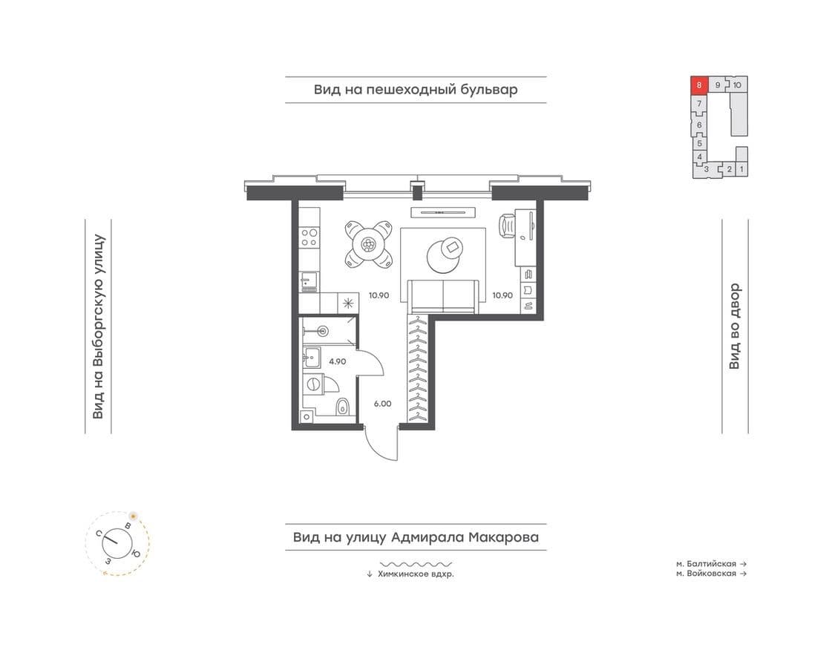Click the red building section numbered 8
[x=699, y=85]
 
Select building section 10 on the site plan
[x=737, y=85]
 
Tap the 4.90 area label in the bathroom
[x=338, y=362]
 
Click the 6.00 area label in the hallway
[x=382, y=404]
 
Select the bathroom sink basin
[x=312, y=357]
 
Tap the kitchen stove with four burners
[x=309, y=237]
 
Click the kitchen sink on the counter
[x=308, y=282]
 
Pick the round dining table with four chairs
[x=368, y=245]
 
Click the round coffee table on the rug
[x=444, y=255]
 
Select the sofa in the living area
[x=444, y=296]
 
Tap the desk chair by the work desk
[x=507, y=226]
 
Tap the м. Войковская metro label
[x=707, y=574]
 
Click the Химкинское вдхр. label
[x=416, y=574]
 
